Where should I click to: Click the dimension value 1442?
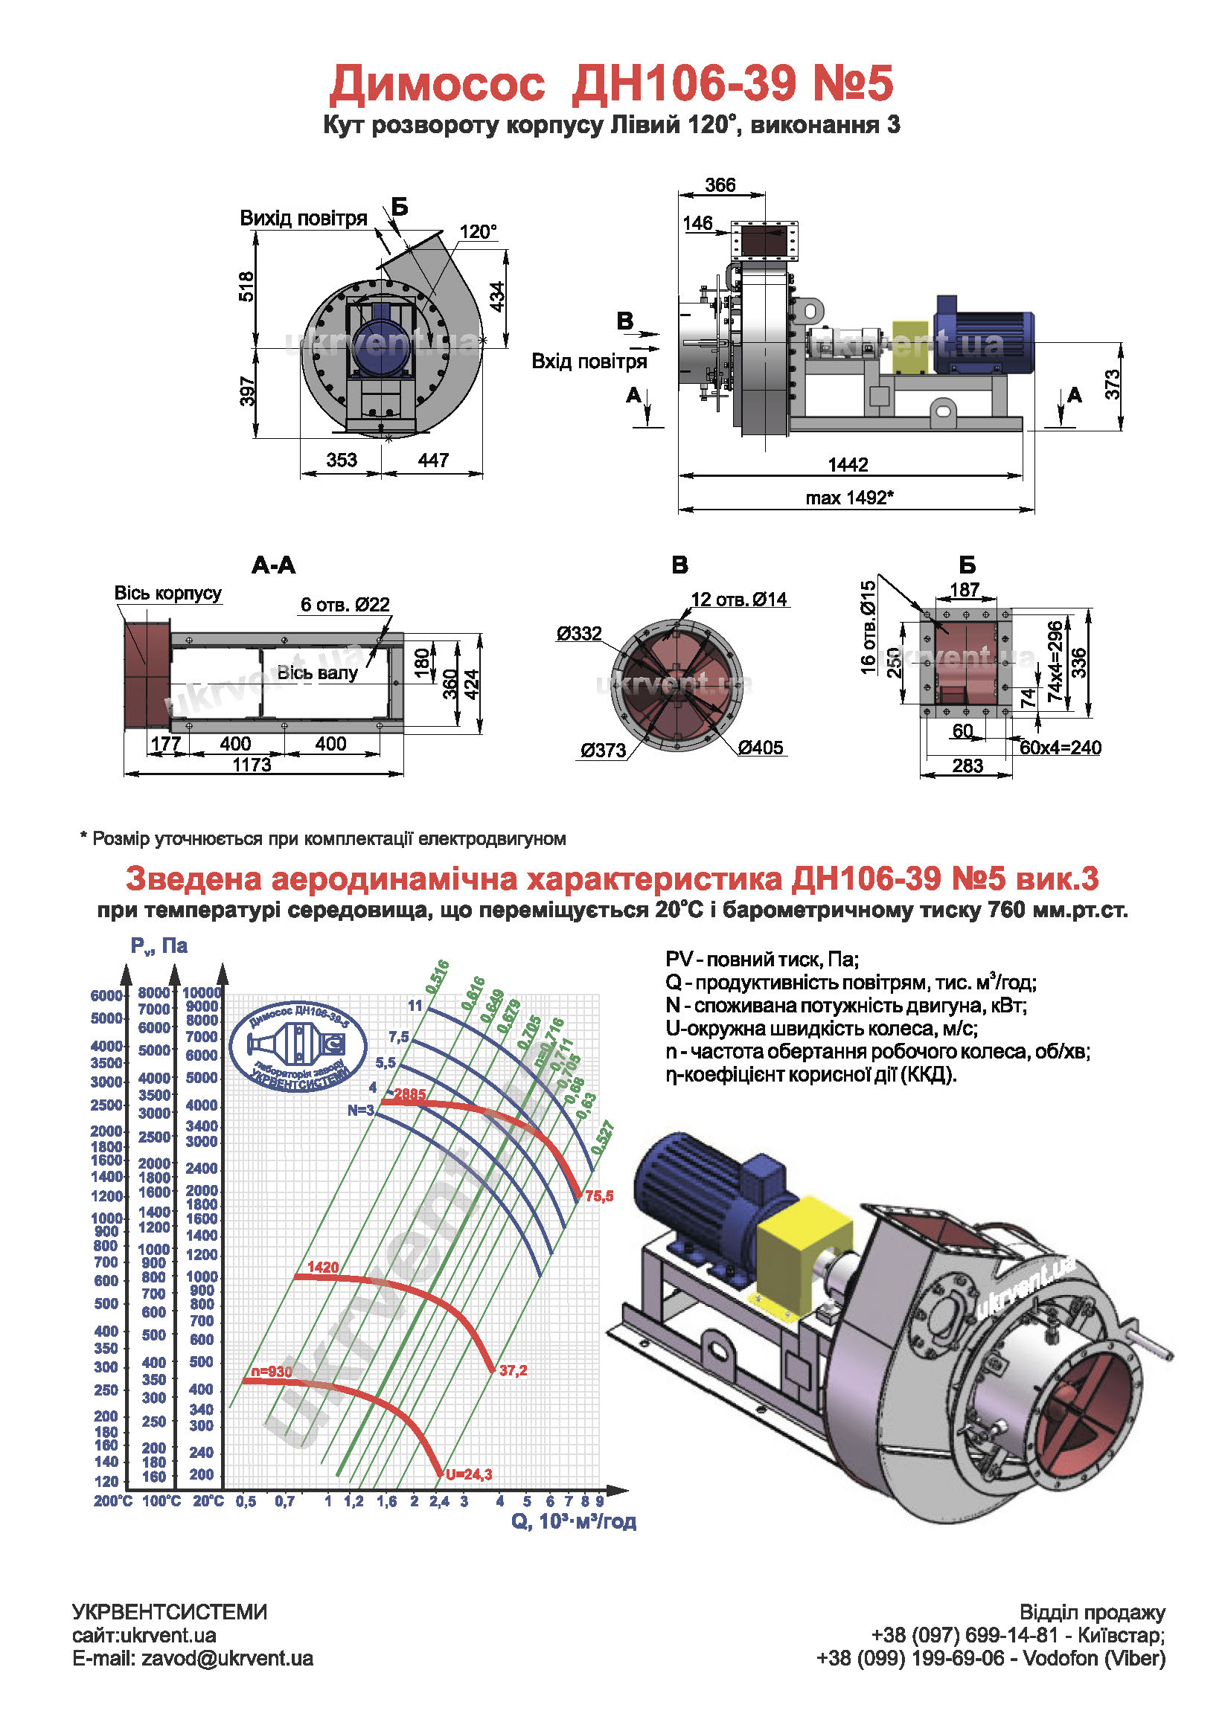848,464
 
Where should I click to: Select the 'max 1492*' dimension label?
849,498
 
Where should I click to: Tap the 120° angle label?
479,231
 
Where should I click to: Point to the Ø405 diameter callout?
761,748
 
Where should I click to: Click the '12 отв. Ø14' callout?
739,600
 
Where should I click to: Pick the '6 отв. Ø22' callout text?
345,605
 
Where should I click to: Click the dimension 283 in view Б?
967,766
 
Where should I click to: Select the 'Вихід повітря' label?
303,219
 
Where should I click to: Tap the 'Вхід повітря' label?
589,361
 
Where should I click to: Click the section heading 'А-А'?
273,565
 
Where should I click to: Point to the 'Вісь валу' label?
317,672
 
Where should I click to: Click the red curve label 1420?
323,1268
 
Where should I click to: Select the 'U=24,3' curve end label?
468,1474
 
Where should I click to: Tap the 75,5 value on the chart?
599,1196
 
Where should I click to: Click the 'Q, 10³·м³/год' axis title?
573,1521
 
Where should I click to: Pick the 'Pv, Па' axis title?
159,946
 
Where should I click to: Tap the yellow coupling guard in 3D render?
802,1247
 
